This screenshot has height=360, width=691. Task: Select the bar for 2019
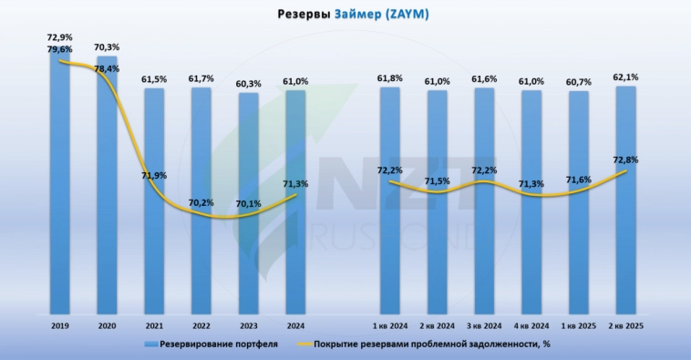click(59, 182)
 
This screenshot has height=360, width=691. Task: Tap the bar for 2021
click(154, 201)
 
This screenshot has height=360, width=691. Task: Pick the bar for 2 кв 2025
click(626, 201)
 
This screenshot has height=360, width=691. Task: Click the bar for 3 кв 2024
click(484, 201)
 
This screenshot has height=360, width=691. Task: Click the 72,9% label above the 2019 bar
click(59, 36)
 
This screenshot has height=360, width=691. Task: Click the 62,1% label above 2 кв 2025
click(626, 77)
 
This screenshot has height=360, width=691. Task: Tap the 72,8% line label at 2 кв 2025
click(626, 159)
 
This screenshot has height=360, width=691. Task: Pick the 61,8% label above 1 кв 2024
click(389, 79)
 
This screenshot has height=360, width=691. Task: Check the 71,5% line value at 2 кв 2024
click(438, 181)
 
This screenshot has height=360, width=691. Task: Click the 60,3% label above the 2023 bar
click(249, 84)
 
